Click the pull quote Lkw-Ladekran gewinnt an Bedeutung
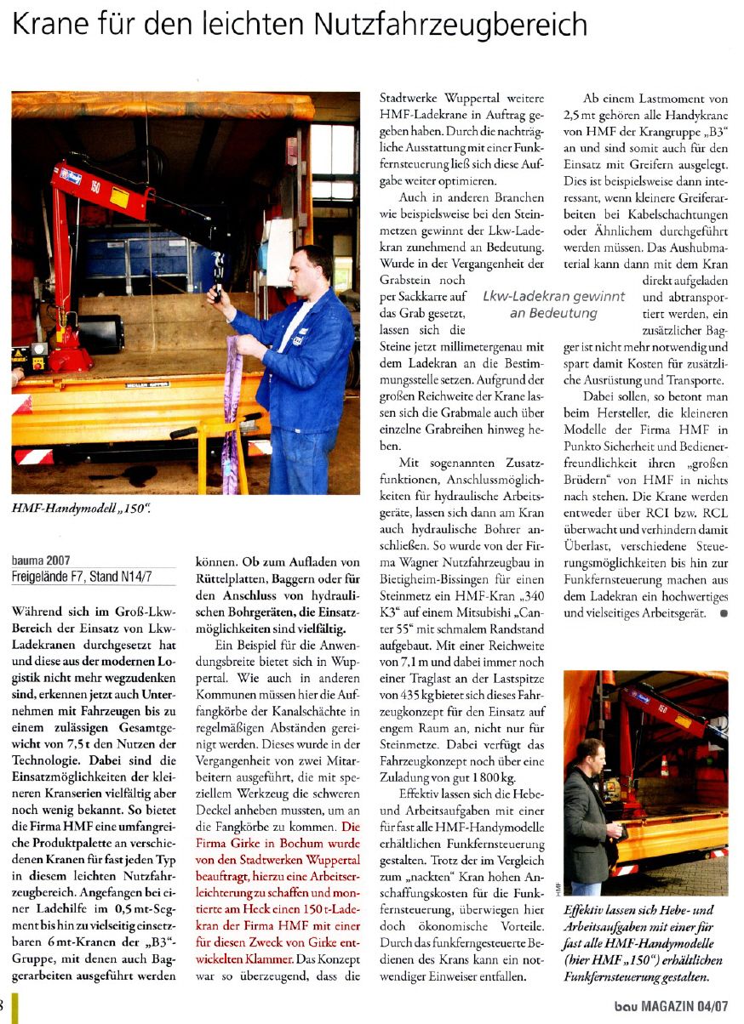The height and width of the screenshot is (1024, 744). pyautogui.click(x=553, y=304)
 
